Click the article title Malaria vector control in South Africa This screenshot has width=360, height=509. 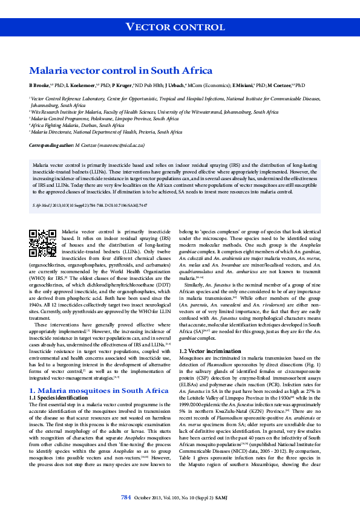(121, 70)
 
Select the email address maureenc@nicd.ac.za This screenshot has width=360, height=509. (119, 146)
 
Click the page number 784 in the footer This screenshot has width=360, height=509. (126, 498)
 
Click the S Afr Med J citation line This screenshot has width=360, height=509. (88, 205)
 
